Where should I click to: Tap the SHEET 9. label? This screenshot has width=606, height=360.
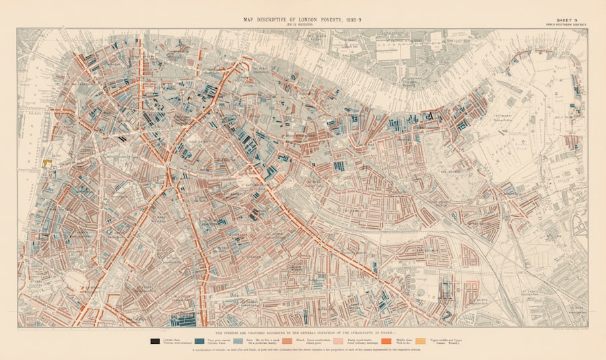pos(566,20)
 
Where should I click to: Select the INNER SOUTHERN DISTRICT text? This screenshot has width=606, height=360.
pos(566,25)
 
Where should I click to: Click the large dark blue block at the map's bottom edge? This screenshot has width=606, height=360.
pos(183,320)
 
